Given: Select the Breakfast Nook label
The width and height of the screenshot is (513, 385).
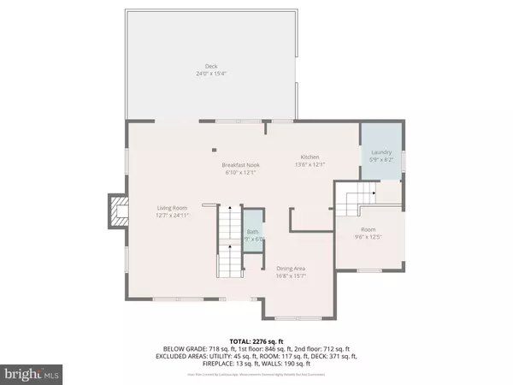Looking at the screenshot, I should (x=240, y=165).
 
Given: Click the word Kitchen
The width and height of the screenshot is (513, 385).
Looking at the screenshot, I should (x=309, y=157).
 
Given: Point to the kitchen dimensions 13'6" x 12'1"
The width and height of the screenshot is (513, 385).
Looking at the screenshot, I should (x=309, y=163).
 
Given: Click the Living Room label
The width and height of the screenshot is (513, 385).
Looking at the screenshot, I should (x=171, y=208).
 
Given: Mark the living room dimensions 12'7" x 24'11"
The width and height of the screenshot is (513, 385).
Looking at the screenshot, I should (x=171, y=215).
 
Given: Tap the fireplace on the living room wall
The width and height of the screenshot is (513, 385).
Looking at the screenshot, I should (x=115, y=211).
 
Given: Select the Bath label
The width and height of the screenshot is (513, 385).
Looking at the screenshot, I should (x=252, y=232).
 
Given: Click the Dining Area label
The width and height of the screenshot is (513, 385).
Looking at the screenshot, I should (x=292, y=269).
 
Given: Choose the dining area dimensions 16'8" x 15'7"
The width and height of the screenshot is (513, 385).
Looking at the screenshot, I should (x=292, y=275).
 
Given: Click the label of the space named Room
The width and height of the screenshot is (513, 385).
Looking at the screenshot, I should (x=368, y=229).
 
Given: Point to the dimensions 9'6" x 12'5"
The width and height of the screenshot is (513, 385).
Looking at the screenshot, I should (x=368, y=236).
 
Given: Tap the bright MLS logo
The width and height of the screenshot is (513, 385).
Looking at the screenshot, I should (x=33, y=374).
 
